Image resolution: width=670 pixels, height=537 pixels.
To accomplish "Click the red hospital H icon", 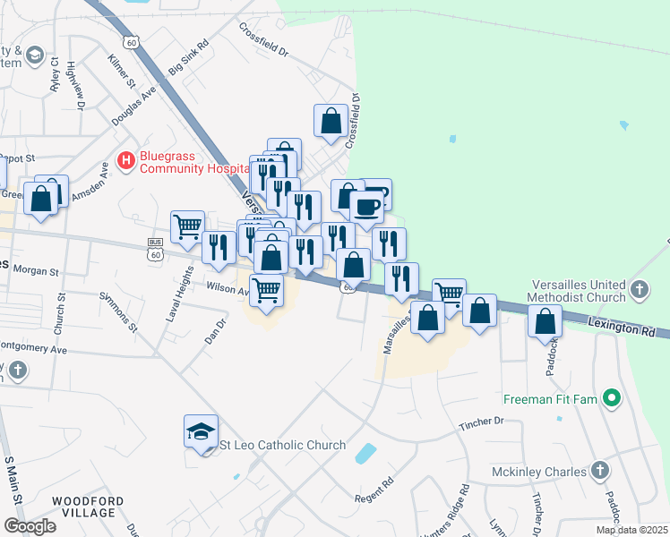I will point(126,161).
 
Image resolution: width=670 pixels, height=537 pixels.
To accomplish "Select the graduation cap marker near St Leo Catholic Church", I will point(201,432).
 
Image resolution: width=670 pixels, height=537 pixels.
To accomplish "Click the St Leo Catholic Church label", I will point(283,445).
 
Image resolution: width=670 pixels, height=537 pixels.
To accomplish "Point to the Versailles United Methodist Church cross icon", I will point(639,289).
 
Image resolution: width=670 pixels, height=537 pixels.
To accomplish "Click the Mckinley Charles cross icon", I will point(599,471).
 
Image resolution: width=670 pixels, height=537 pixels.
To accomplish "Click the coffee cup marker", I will point(366,208).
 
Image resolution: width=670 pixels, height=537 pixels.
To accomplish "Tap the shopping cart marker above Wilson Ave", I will point(266,290).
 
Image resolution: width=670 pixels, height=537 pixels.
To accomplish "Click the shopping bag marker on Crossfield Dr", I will point(331,120).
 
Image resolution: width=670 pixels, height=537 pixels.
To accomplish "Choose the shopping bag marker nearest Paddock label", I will point(545,321).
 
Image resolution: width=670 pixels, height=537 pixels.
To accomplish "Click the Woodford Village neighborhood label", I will point(83,507).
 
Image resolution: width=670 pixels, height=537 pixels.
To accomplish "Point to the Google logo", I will point(30,526).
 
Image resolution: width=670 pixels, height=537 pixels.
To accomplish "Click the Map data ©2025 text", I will point(631,530).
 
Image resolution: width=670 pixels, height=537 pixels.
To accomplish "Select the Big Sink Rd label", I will point(188,55).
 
